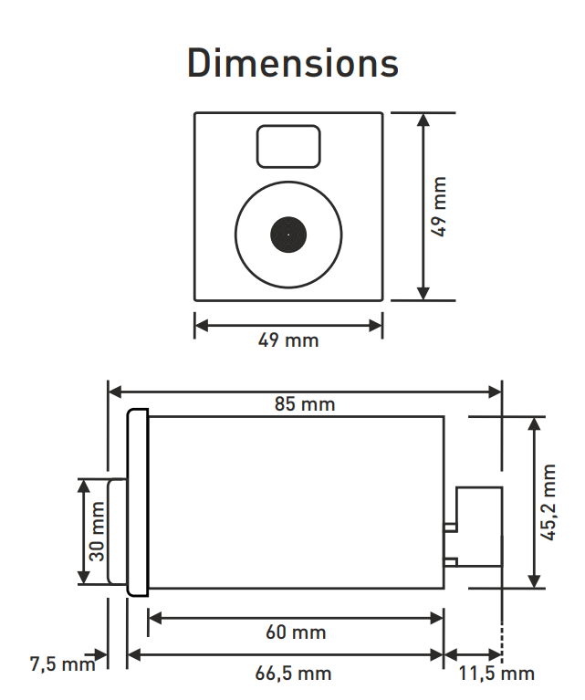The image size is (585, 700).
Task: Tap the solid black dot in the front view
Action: (x=287, y=234)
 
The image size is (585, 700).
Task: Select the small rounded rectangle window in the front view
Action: (x=288, y=146)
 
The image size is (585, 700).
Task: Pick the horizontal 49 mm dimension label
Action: (x=288, y=340)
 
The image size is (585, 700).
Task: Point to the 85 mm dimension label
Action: (x=305, y=403)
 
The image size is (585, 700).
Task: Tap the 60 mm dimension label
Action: (x=296, y=632)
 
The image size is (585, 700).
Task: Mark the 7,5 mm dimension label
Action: (x=62, y=663)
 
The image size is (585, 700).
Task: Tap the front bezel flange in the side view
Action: (x=137, y=503)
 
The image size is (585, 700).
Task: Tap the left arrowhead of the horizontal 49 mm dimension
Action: (x=202, y=324)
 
